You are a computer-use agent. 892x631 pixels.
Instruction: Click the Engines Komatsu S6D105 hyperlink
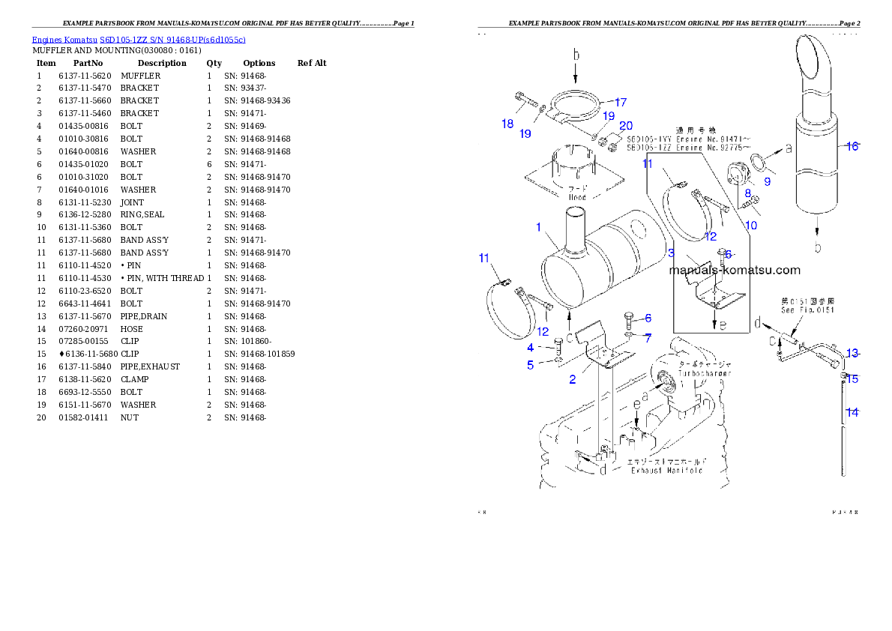click(139, 40)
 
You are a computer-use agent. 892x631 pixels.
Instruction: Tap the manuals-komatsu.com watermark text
click(735, 271)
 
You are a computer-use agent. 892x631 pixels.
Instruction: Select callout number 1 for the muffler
click(538, 227)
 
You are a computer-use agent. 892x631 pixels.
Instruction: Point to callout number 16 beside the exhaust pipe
click(852, 147)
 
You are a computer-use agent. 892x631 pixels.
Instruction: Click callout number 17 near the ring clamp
click(620, 102)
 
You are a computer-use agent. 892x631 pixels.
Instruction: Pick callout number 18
click(507, 124)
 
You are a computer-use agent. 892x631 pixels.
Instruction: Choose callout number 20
click(626, 126)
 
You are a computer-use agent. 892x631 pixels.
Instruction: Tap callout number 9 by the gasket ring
click(767, 181)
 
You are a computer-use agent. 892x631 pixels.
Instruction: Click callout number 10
click(751, 225)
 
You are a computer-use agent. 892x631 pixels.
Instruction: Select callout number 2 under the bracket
click(573, 379)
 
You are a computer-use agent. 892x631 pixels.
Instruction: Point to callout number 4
click(530, 348)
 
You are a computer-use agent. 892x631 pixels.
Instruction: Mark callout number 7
click(648, 338)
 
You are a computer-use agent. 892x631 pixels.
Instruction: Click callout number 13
click(852, 354)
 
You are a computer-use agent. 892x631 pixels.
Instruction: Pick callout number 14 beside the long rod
click(852, 411)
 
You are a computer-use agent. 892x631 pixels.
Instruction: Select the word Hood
click(576, 198)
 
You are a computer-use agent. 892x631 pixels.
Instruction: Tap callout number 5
click(530, 365)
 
